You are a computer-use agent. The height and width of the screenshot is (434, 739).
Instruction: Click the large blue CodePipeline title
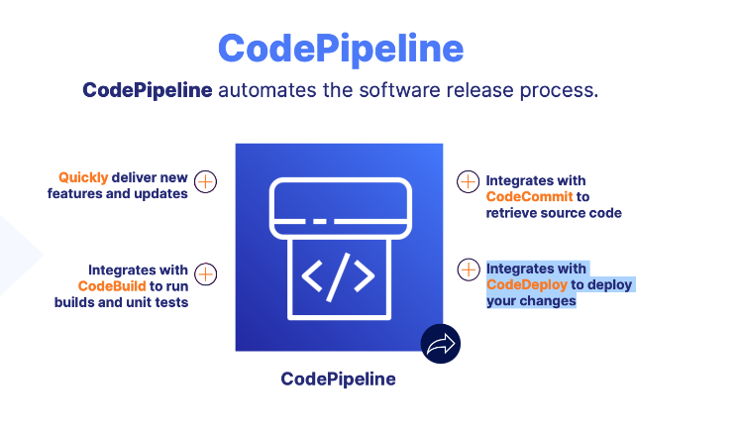340,49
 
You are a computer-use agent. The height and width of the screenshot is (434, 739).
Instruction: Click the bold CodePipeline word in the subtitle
147,91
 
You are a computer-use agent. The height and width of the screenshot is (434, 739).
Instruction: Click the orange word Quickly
83,177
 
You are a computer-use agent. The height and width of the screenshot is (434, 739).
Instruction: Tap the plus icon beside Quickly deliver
205,181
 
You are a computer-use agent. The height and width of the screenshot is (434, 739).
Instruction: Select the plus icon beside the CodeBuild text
205,273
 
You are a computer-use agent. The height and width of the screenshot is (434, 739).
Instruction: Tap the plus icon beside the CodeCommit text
468,181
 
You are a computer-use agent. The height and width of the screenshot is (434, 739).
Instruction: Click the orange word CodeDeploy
526,284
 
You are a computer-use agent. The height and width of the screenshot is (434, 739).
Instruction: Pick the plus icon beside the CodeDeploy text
468,269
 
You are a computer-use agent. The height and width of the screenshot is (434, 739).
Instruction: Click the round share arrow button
440,344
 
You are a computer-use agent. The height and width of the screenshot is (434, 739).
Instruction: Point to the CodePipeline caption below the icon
338,379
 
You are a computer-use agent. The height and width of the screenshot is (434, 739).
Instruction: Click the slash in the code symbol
338,277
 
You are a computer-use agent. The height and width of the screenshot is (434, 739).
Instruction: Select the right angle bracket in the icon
365,277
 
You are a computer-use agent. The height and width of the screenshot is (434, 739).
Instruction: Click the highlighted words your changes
531,300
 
